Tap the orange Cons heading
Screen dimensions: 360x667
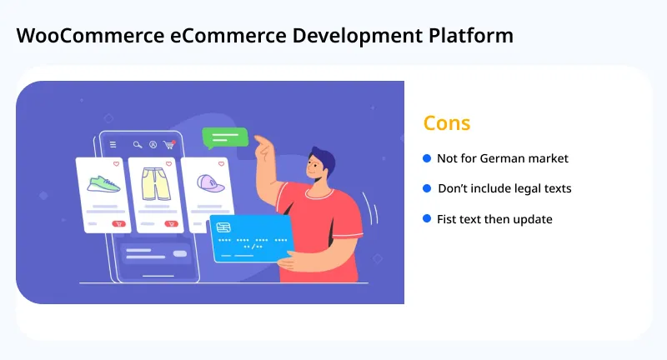pos(447,123)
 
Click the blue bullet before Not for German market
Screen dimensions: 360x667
pos(427,157)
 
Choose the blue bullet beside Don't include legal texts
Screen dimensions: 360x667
pos(427,188)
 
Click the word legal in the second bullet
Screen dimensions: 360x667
pos(524,188)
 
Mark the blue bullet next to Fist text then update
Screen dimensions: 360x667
pos(427,218)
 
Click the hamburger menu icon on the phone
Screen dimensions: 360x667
pos(113,144)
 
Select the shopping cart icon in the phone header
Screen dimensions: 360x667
pos(169,144)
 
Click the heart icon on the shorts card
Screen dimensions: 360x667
pos(170,164)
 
